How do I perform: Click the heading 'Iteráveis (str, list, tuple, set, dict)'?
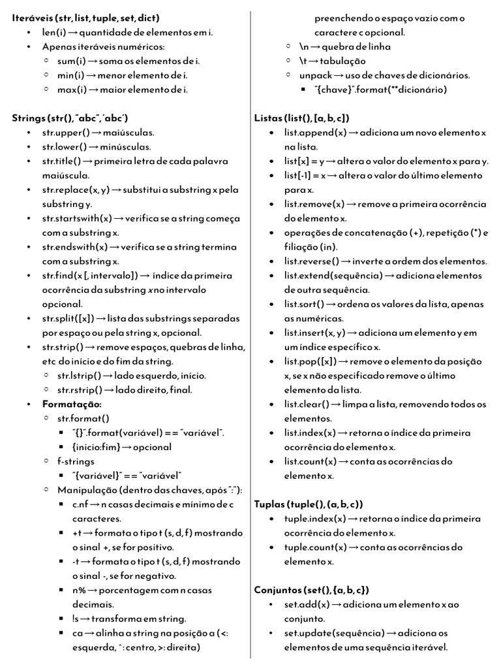pyautogui.click(x=85, y=18)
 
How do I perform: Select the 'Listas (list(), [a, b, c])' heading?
pyautogui.click(x=301, y=118)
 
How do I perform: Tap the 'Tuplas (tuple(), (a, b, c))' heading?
pyautogui.click(x=308, y=504)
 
